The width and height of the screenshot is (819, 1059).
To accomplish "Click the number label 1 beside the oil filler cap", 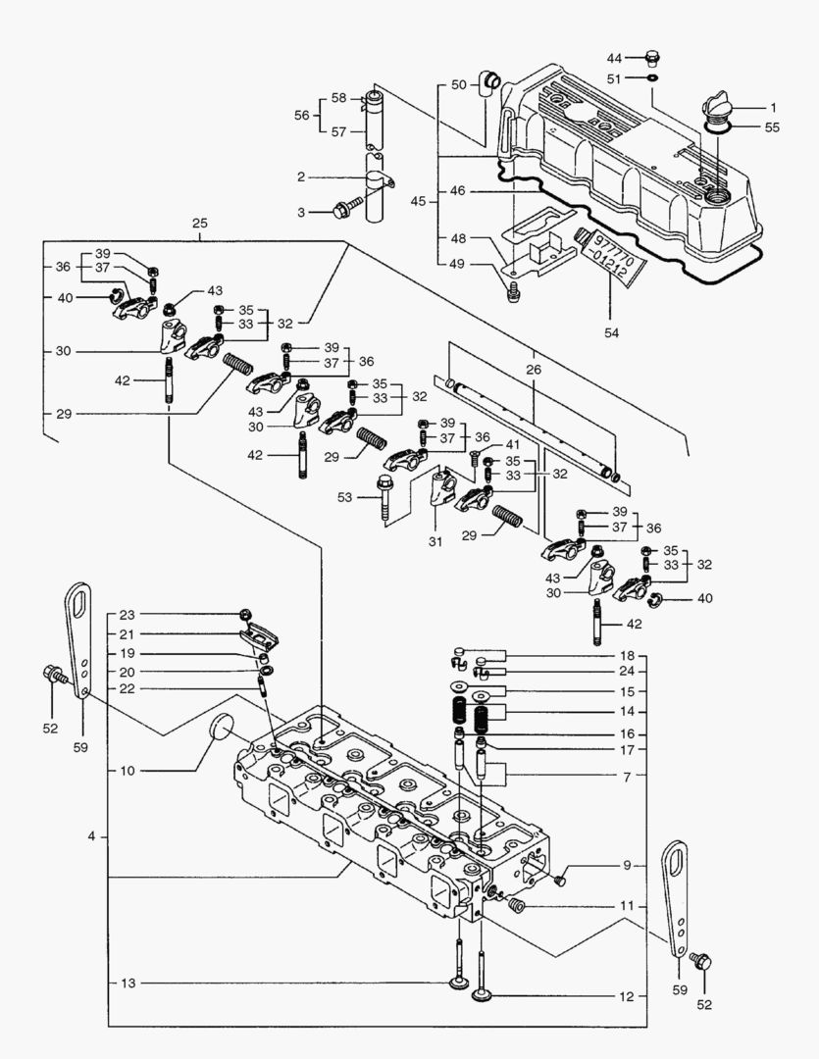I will [x=772, y=107].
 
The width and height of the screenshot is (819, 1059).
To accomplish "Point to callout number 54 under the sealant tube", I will [x=612, y=333].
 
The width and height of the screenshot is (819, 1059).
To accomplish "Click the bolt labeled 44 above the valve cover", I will [x=655, y=58].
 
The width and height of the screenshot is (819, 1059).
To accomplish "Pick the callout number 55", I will [x=772, y=127].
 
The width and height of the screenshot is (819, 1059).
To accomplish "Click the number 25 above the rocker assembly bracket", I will [x=200, y=225].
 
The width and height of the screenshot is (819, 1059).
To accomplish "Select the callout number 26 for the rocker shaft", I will [x=534, y=370].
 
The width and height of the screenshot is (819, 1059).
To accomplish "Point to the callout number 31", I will [x=435, y=541].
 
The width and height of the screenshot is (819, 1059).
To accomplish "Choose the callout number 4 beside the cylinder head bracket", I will [x=91, y=836].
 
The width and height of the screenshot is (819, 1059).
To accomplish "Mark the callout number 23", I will [x=127, y=615].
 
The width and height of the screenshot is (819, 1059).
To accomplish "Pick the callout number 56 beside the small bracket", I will [x=302, y=115].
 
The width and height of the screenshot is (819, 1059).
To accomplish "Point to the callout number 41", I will [x=511, y=444].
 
